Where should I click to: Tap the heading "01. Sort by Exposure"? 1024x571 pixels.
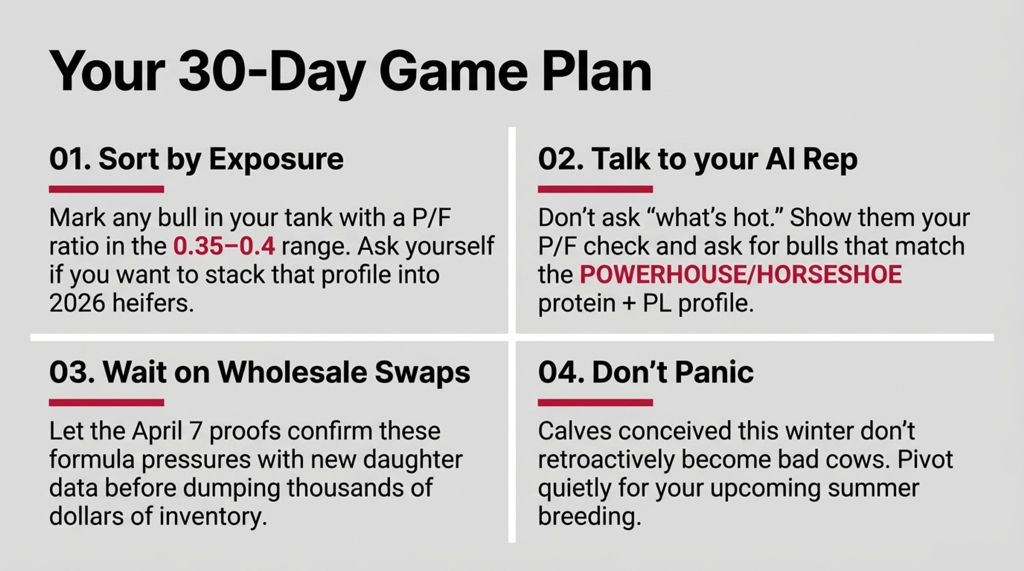[x=196, y=159]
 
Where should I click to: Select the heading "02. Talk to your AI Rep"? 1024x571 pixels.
[x=697, y=159]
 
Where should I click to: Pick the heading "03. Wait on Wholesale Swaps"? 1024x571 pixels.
[x=260, y=372]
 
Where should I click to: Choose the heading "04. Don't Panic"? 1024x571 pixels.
[x=646, y=372]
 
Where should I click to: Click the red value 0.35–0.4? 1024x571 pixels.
[x=224, y=246]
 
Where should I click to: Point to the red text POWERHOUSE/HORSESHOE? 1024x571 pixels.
[x=740, y=275]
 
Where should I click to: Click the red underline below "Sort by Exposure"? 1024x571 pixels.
[x=106, y=189]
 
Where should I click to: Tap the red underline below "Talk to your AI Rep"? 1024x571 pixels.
[x=595, y=189]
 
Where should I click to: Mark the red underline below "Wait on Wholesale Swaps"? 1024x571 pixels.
[x=106, y=403]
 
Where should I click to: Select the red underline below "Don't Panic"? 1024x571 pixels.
[x=595, y=403]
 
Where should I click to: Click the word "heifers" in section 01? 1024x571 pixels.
[x=153, y=303]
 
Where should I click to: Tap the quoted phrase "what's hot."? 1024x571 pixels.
[x=715, y=218]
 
